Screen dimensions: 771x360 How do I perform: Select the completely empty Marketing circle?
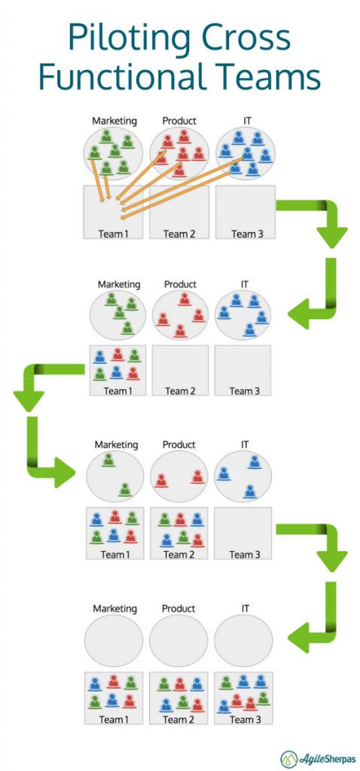(x=114, y=641)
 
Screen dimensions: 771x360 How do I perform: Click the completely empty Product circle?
(x=178, y=641)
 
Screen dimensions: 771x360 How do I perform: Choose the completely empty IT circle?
(x=243, y=641)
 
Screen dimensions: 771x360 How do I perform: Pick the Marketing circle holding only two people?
(x=114, y=477)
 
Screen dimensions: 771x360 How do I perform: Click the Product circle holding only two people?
(x=178, y=477)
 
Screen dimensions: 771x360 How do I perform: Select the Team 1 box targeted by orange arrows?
(x=114, y=212)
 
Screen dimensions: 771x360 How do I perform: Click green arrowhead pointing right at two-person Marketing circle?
(x=66, y=473)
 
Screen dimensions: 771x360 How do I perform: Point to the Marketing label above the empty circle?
(x=114, y=608)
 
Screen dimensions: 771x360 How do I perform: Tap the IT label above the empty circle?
(x=244, y=608)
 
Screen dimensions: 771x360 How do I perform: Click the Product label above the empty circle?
(x=179, y=608)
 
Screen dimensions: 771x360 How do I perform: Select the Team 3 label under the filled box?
(x=243, y=719)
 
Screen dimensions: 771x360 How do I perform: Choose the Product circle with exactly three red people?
(x=178, y=315)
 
